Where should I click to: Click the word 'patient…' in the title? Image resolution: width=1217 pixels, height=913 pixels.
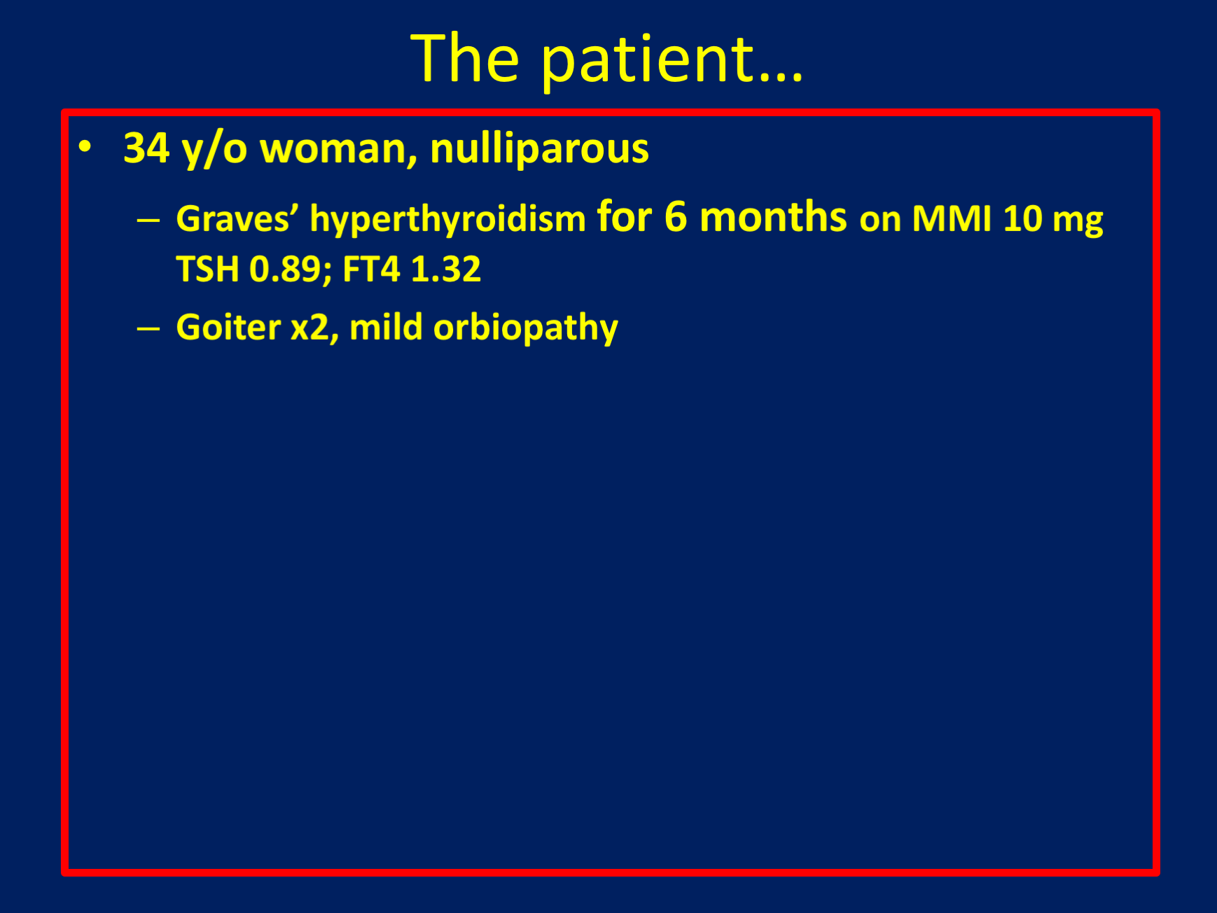(x=672, y=61)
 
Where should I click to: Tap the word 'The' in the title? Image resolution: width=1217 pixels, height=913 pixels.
(x=465, y=58)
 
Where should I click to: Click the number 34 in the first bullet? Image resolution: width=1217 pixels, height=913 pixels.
(x=146, y=148)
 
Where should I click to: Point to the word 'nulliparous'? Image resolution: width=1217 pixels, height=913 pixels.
(x=540, y=149)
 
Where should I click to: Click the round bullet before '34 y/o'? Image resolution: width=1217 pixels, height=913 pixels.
(x=85, y=146)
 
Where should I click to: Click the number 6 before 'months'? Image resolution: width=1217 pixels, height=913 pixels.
(x=676, y=217)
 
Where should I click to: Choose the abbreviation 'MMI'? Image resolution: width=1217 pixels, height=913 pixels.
(x=952, y=219)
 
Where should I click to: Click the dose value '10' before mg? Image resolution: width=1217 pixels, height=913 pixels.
(x=1023, y=219)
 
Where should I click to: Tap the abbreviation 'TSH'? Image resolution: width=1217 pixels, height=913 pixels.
(x=207, y=270)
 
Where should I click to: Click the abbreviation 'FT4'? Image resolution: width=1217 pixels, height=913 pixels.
(x=371, y=270)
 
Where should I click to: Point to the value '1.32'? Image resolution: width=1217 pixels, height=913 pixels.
(x=446, y=270)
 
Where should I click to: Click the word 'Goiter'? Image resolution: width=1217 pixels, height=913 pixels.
(x=228, y=328)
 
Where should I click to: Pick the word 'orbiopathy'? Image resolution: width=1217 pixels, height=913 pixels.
(x=526, y=328)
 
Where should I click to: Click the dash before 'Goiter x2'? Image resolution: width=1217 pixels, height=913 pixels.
(x=148, y=328)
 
